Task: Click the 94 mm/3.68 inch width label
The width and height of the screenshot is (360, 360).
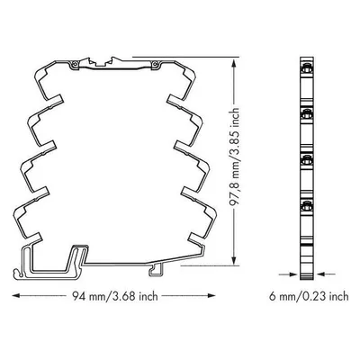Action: pyautogui.click(x=115, y=296)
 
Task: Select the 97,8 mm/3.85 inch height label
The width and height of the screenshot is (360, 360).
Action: pyautogui.click(x=234, y=157)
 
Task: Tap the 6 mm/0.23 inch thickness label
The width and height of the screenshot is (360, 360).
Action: pyautogui.click(x=309, y=296)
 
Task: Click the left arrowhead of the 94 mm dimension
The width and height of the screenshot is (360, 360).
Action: pyautogui.click(x=16, y=296)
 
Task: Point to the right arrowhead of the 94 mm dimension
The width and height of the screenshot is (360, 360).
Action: pyautogui.click(x=211, y=296)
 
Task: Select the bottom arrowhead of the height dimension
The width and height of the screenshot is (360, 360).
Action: pyautogui.click(x=234, y=261)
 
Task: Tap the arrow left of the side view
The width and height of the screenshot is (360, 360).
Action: pyautogui.click(x=287, y=274)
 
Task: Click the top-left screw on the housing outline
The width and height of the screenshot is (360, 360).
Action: pyautogui.click(x=75, y=64)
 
